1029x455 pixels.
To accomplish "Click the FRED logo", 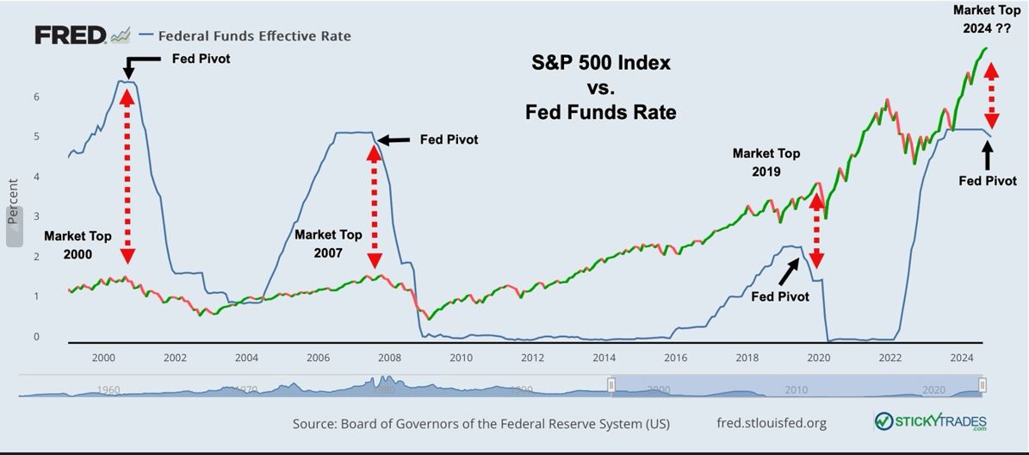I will tap(70, 35).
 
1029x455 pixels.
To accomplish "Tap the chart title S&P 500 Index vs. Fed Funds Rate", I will tap(600, 87).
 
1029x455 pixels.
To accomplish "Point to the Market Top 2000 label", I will tap(77, 245).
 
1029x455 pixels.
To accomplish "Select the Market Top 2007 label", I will tap(328, 243).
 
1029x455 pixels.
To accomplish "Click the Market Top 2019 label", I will tap(766, 162).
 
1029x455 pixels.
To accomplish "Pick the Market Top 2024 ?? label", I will tap(986, 18).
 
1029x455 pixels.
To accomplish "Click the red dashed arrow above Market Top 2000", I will tap(127, 174).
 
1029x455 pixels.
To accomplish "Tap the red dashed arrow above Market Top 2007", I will tap(375, 207).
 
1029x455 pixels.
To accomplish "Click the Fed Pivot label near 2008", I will tap(448, 140).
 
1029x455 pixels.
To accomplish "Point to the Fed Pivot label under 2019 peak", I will tap(779, 296).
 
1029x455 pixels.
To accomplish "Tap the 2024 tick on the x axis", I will tap(961, 358).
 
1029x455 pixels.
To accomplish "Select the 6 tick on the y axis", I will tap(36, 97).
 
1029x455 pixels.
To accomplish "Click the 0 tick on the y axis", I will tap(36, 337).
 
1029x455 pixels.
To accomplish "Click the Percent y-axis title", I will tap(13, 202).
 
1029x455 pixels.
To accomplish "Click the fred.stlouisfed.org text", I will tap(771, 423).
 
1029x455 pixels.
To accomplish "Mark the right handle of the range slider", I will tap(982, 385).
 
